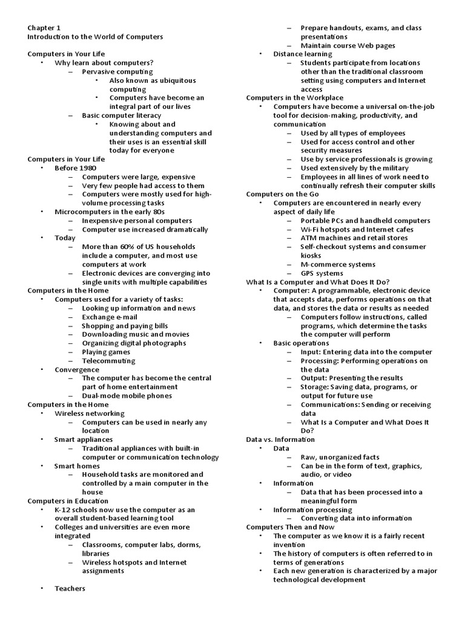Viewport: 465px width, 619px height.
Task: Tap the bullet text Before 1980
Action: [75, 168]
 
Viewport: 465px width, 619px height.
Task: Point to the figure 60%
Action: [130, 247]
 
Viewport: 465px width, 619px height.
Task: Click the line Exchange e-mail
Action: [110, 317]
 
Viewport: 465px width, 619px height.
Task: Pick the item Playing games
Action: [106, 352]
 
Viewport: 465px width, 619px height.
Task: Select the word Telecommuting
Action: [108, 360]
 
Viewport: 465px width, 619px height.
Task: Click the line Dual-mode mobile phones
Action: [127, 395]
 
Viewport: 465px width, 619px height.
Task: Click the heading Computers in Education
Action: [68, 501]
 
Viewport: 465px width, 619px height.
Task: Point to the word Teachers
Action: [70, 588]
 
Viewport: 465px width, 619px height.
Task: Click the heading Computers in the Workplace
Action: [294, 97]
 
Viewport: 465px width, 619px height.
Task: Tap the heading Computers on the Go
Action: [282, 194]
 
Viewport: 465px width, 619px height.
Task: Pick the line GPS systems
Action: [322, 273]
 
